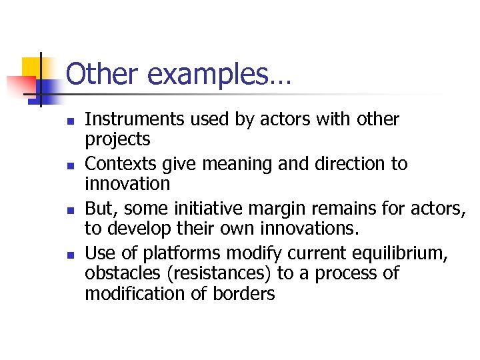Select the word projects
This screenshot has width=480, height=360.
point(117,140)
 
